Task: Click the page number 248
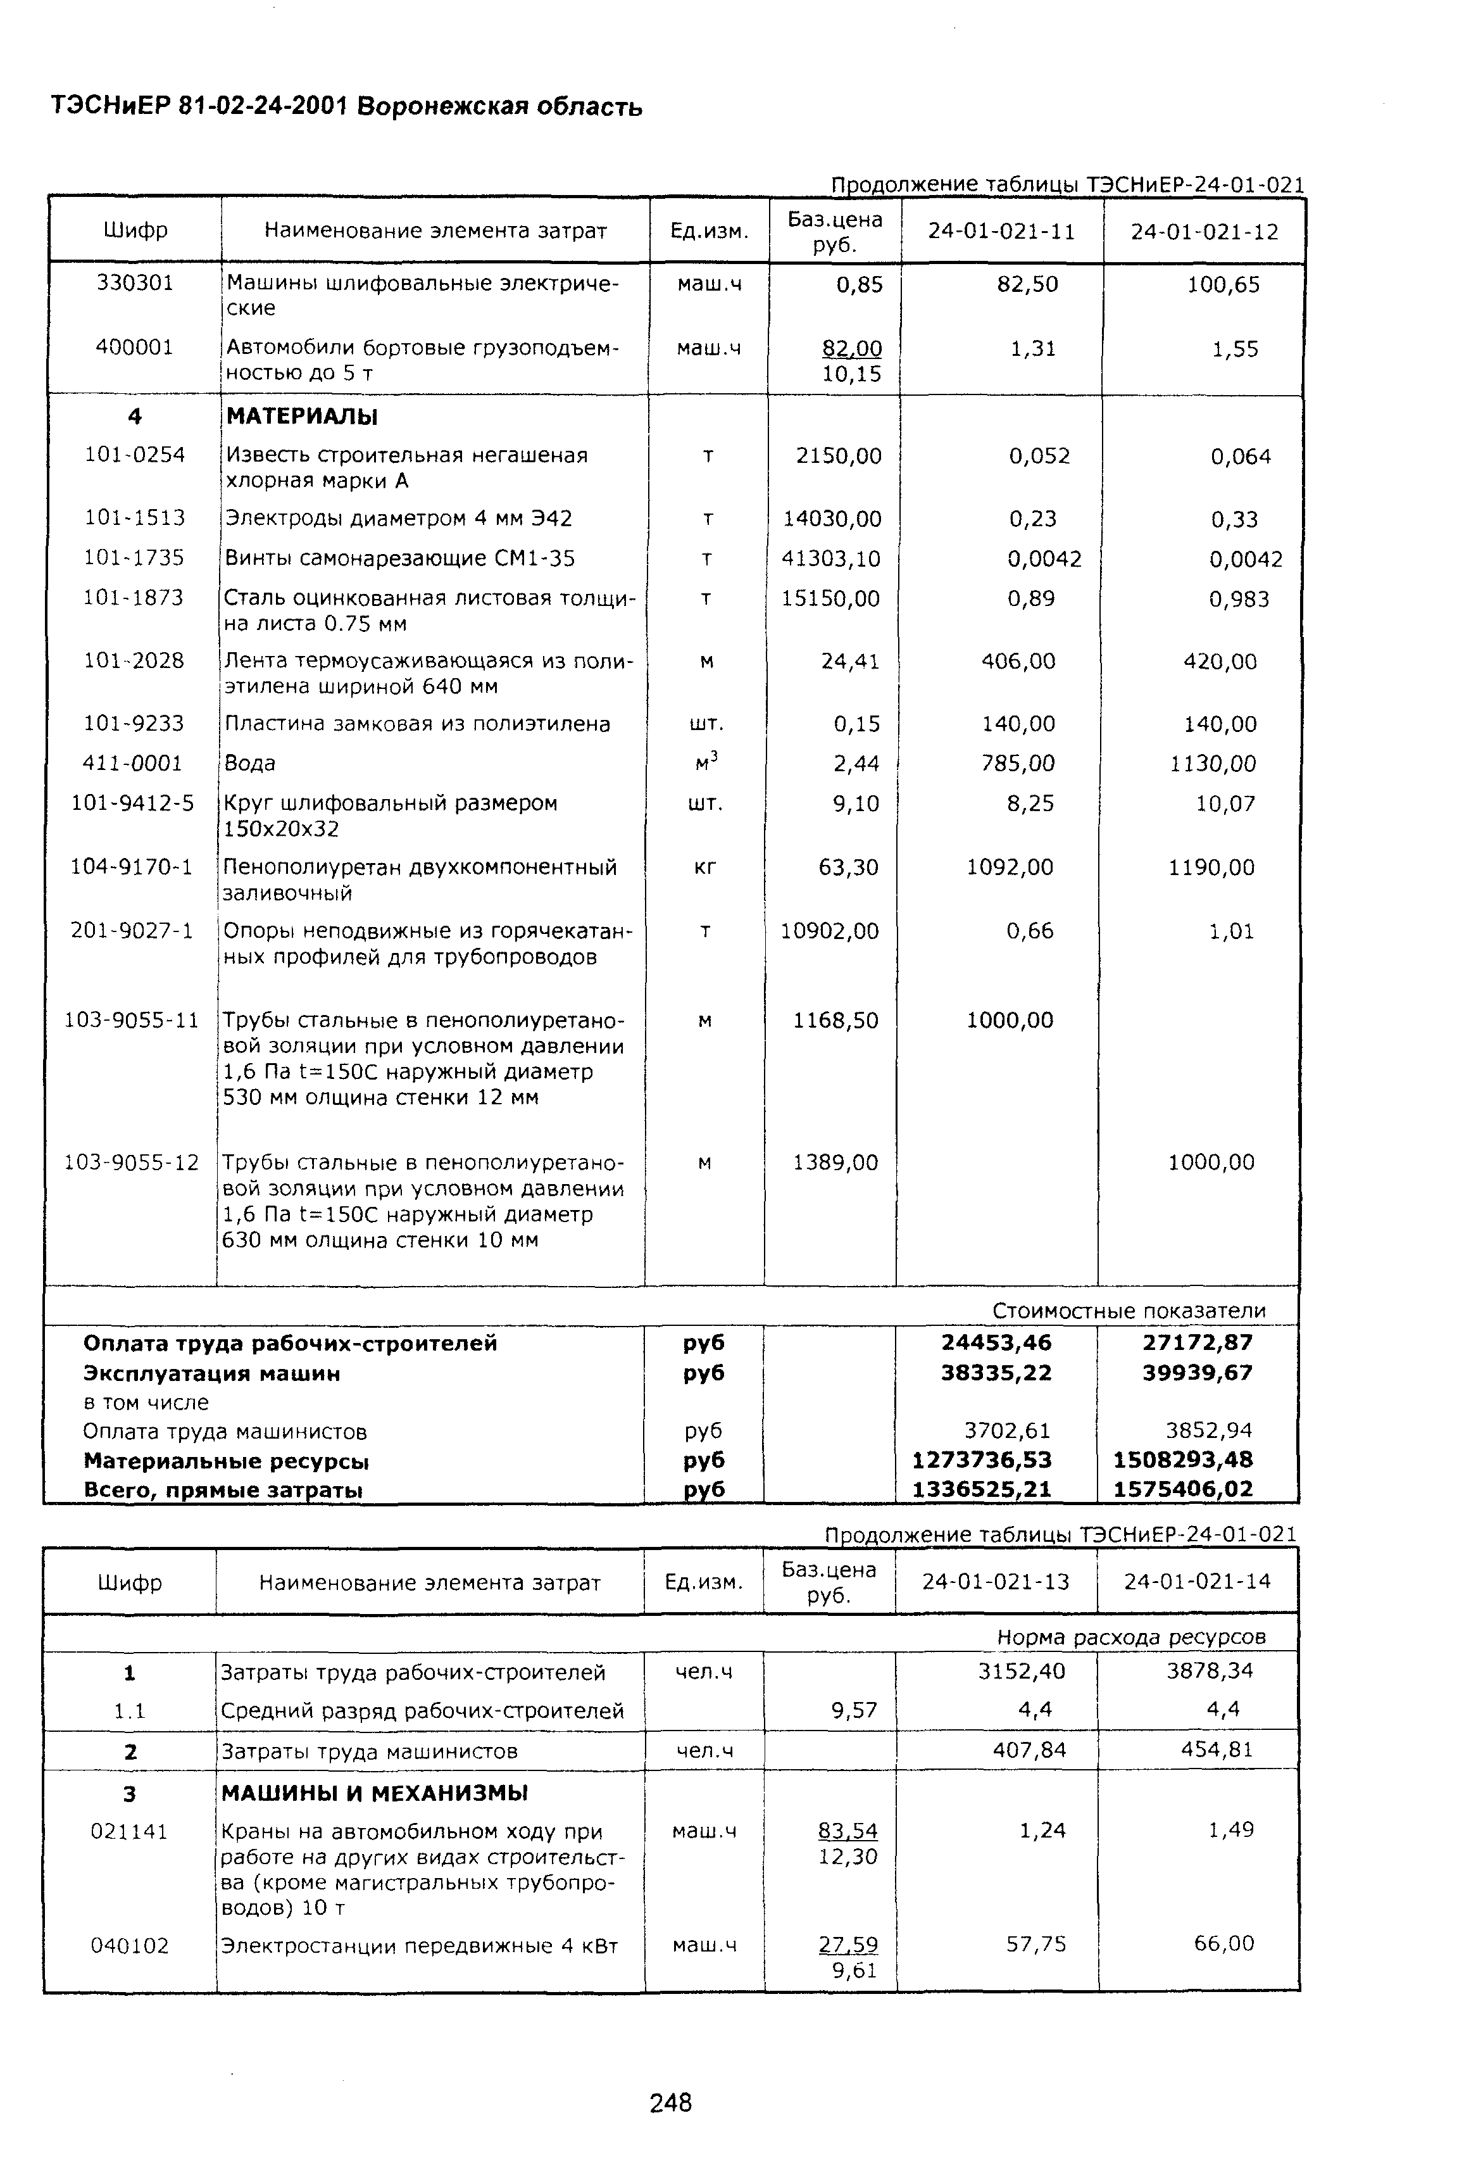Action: tap(670, 2103)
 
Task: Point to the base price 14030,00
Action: tap(832, 519)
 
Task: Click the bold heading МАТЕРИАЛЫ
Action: tap(301, 417)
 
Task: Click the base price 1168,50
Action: tap(835, 1020)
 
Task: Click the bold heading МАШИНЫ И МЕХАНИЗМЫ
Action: tap(375, 1793)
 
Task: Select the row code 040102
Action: tap(130, 1946)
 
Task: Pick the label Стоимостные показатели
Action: tap(1129, 1311)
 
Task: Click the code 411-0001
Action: tap(132, 763)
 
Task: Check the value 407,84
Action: tap(1029, 1750)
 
